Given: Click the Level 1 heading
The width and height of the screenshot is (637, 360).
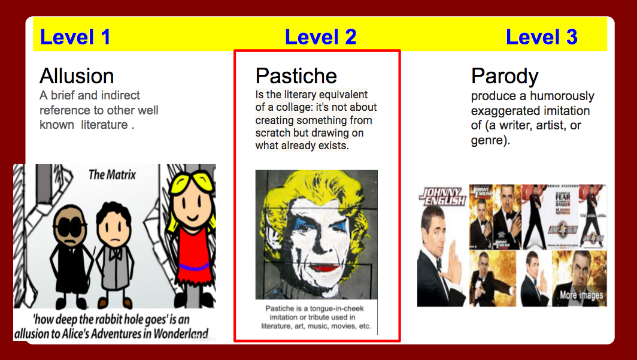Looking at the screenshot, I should (x=75, y=37).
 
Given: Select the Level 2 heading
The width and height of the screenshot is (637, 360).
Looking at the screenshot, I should (x=320, y=37).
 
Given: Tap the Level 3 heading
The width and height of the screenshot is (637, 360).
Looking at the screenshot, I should (x=541, y=37).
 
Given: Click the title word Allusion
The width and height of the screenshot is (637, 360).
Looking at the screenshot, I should (x=77, y=76).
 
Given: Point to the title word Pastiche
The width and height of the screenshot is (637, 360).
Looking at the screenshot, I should (x=296, y=76).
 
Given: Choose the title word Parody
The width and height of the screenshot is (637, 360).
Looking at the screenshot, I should (x=505, y=77).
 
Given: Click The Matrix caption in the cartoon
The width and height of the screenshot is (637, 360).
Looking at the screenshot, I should (x=112, y=175).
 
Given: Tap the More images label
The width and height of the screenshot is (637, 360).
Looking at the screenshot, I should (x=581, y=295).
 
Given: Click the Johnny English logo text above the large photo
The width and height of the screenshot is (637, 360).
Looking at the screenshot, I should (x=443, y=196).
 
